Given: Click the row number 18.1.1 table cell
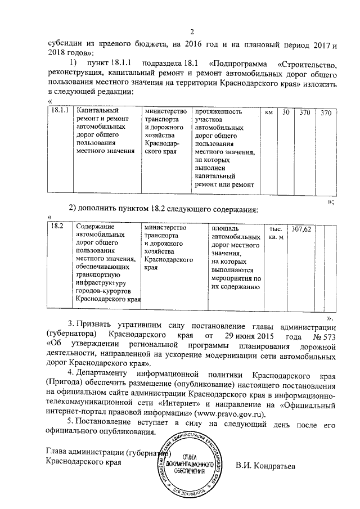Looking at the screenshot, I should (59, 112).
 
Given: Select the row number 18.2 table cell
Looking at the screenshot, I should (57, 227).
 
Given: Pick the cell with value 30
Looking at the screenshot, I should (286, 112).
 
